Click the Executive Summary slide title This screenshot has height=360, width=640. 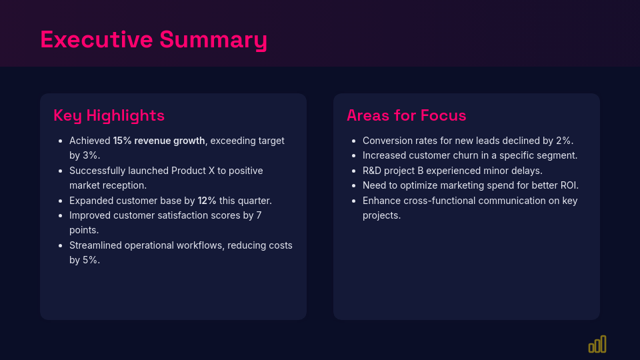153,39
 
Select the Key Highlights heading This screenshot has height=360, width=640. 109,115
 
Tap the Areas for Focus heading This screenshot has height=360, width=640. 406,115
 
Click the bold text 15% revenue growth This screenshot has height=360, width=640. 159,141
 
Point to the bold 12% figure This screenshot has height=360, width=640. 207,201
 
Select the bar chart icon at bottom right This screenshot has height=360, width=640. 597,344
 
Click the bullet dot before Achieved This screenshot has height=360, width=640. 60,141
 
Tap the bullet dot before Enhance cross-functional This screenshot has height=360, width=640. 353,201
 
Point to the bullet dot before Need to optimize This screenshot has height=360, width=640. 353,186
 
